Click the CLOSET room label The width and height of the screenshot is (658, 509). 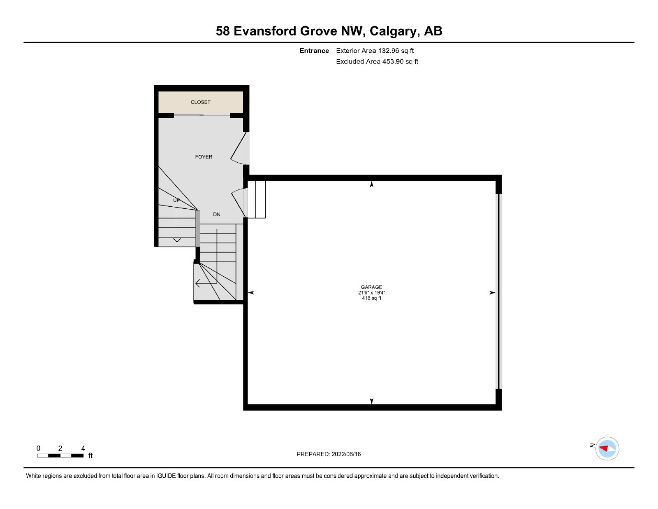(200, 102)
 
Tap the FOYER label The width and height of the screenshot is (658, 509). (204, 157)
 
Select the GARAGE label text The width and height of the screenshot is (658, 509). (371, 287)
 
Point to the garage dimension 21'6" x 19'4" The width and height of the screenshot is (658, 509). (371, 292)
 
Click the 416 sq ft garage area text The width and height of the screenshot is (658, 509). (371, 298)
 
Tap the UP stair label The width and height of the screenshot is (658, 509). (176, 200)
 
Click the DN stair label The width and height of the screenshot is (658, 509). (216, 214)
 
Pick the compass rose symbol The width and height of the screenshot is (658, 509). (607, 449)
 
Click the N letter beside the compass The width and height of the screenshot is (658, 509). (592, 445)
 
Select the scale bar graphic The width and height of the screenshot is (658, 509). (60, 455)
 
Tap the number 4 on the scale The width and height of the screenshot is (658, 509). (83, 448)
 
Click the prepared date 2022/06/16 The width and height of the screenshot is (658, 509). (346, 454)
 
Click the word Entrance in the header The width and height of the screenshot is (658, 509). (314, 51)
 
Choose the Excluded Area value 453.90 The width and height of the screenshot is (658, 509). (393, 61)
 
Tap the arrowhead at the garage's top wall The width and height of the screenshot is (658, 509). (371, 184)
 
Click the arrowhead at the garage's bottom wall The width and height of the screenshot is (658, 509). (371, 401)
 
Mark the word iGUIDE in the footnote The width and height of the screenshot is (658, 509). (166, 476)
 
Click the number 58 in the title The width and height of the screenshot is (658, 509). (222, 31)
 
